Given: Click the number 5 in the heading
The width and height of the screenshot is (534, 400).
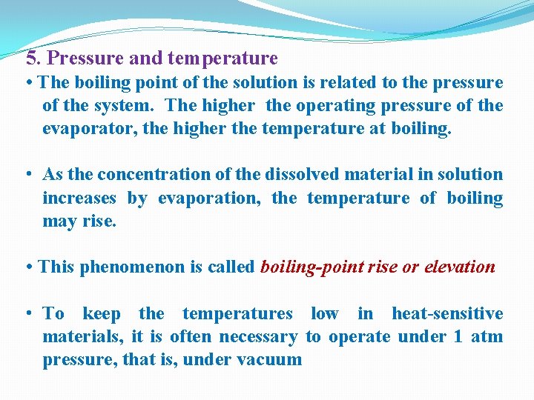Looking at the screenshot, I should (30, 59).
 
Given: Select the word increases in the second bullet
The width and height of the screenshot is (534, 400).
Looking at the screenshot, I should (79, 198).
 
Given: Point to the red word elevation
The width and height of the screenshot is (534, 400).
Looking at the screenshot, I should (459, 267).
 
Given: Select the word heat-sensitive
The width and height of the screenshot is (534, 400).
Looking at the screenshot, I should (447, 313).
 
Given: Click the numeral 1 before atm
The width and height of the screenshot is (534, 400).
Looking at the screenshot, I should (458, 337).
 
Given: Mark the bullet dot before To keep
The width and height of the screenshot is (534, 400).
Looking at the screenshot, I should (27, 313).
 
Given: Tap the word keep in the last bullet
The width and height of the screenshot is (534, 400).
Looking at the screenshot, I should (102, 313).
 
